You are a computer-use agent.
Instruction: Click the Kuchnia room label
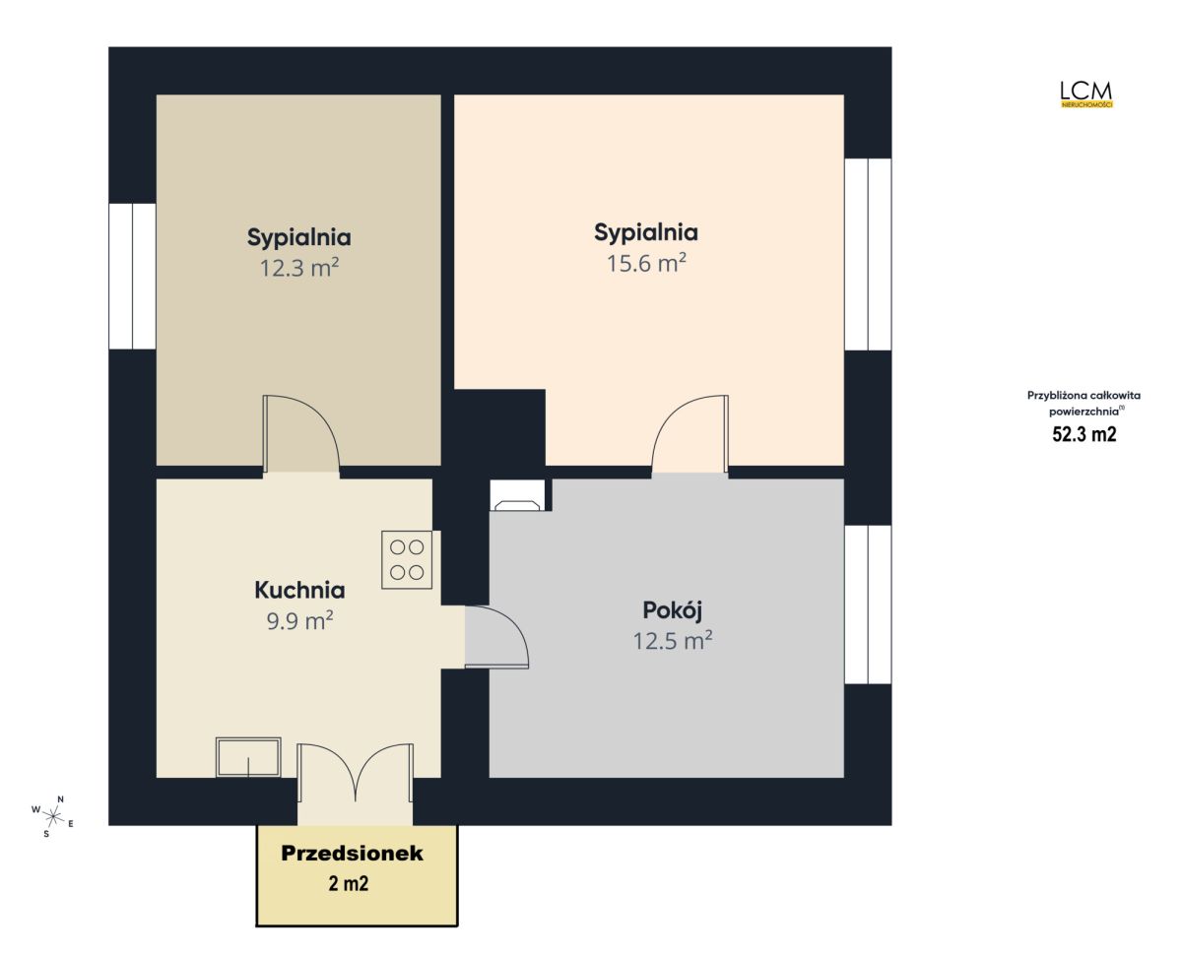click(299, 590)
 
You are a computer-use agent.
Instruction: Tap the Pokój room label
click(672, 610)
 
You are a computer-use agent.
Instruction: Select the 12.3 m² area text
click(299, 268)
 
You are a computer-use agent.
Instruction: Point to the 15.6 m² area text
click(646, 263)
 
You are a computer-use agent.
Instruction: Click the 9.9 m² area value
click(299, 620)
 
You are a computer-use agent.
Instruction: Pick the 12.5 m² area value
click(673, 641)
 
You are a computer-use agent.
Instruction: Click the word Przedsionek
click(352, 853)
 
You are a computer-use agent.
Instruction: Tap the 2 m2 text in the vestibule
click(349, 883)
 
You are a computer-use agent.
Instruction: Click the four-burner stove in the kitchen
click(407, 559)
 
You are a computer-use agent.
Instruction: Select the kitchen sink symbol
click(248, 756)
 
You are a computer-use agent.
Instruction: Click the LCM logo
click(1086, 95)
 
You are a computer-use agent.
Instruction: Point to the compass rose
click(53, 816)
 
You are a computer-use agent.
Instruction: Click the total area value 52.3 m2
click(1083, 433)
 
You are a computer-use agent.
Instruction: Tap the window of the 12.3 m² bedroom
click(132, 277)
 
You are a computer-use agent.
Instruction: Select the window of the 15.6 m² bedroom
click(868, 254)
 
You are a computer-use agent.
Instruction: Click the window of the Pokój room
click(868, 604)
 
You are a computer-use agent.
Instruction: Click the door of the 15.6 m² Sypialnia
click(689, 433)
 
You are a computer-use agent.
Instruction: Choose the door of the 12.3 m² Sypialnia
click(300, 433)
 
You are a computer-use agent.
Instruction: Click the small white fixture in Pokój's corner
click(518, 494)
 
